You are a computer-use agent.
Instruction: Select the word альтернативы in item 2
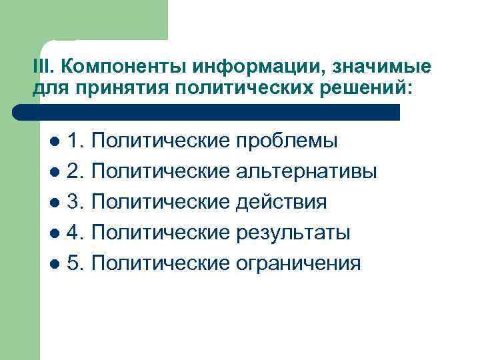[x=307, y=171]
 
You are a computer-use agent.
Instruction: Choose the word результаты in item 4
[x=293, y=233]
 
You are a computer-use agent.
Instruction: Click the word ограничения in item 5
[x=299, y=263]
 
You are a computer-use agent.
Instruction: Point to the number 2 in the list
[x=75, y=171]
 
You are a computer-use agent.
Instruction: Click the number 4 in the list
[x=75, y=233]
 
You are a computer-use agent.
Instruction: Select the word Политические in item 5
[x=160, y=263]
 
